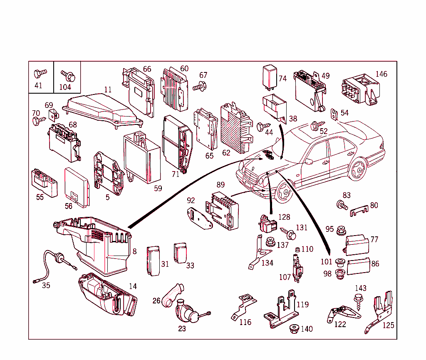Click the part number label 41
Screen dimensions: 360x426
[x=38, y=86]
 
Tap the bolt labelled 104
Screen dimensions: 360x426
[x=67, y=76]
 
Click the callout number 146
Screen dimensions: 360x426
[x=381, y=74]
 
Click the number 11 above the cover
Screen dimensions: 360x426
[x=108, y=89]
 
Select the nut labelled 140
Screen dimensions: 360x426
[x=295, y=328]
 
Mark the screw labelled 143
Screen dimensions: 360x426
[x=358, y=300]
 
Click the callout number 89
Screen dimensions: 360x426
[x=220, y=185]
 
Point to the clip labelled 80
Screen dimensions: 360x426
[x=359, y=213]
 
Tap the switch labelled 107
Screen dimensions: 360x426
[x=297, y=268]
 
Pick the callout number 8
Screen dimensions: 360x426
[x=134, y=251]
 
